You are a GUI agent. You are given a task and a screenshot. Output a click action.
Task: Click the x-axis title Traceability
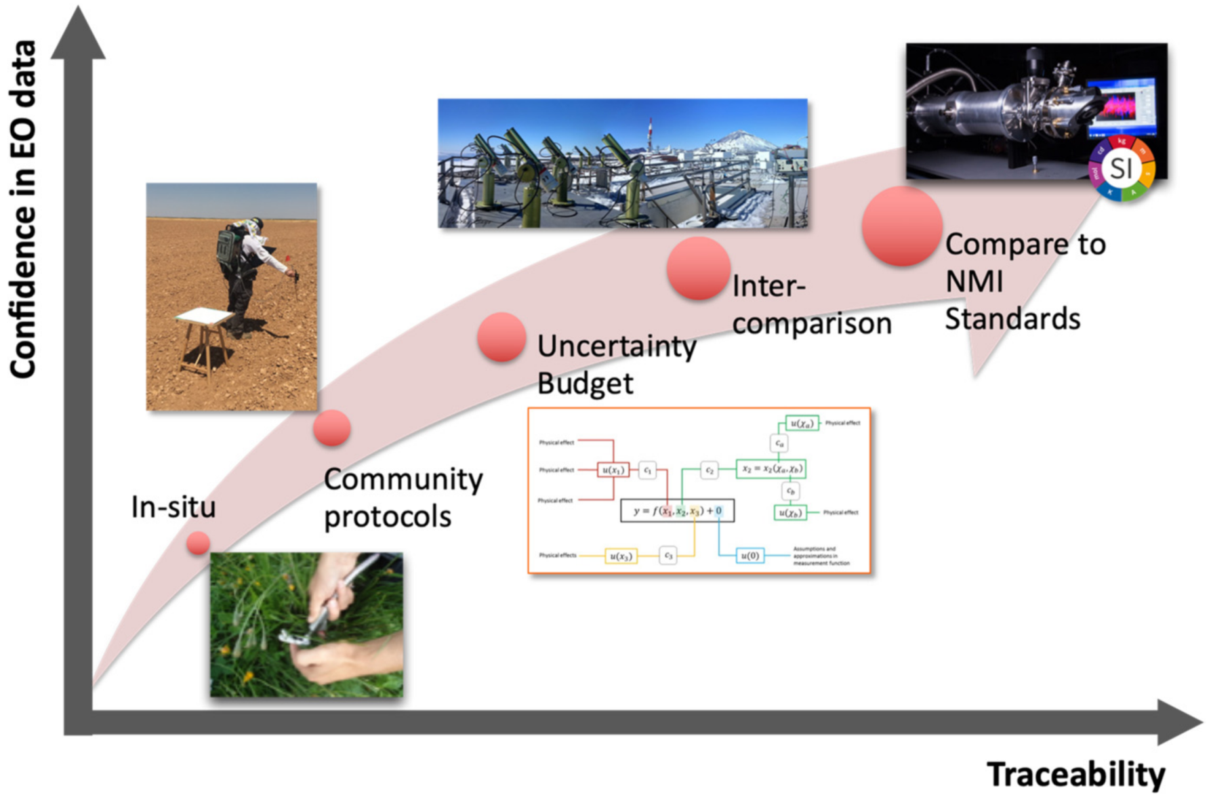point(1075,774)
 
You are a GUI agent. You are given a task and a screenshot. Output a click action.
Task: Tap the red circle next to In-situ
point(199,543)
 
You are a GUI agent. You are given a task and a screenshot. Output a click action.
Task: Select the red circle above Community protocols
point(332,428)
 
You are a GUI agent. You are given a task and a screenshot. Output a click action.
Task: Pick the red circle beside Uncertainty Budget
point(501,337)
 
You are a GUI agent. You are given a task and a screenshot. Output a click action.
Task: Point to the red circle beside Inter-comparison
point(698,268)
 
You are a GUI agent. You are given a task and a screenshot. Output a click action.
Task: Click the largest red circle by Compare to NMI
point(902,226)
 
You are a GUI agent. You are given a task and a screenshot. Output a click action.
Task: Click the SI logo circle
point(1122,168)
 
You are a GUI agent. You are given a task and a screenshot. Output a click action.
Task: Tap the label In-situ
point(173,507)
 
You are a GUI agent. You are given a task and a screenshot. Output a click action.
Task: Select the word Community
point(403,480)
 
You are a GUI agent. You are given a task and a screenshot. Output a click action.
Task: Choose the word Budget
point(585,384)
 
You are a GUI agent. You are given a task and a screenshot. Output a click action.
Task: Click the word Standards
point(1012,319)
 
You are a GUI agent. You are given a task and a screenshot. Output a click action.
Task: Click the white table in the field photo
point(205,316)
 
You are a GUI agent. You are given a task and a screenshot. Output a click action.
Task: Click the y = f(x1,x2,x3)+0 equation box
point(677,511)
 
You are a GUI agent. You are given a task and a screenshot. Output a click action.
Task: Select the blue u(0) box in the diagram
point(750,556)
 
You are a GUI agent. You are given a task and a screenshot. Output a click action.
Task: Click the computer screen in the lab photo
point(1122,108)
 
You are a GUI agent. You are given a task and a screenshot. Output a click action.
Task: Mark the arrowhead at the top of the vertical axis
point(79,34)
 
